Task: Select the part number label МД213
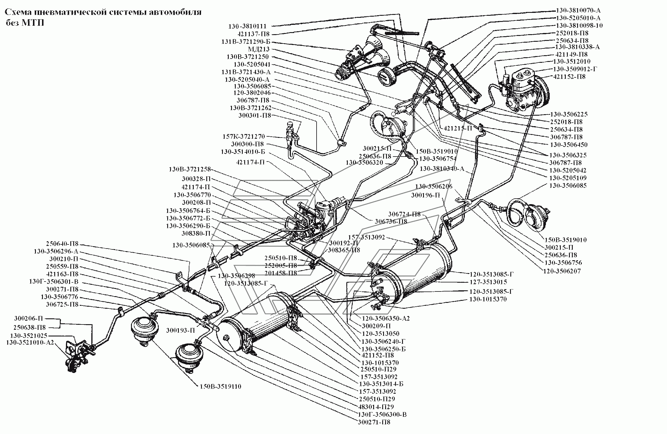259,49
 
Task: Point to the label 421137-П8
254,34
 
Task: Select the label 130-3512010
572,62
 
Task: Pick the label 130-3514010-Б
243,152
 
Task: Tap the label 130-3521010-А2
30,342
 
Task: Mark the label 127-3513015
488,282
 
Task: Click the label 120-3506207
562,271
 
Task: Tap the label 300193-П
180,331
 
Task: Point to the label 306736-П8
391,221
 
